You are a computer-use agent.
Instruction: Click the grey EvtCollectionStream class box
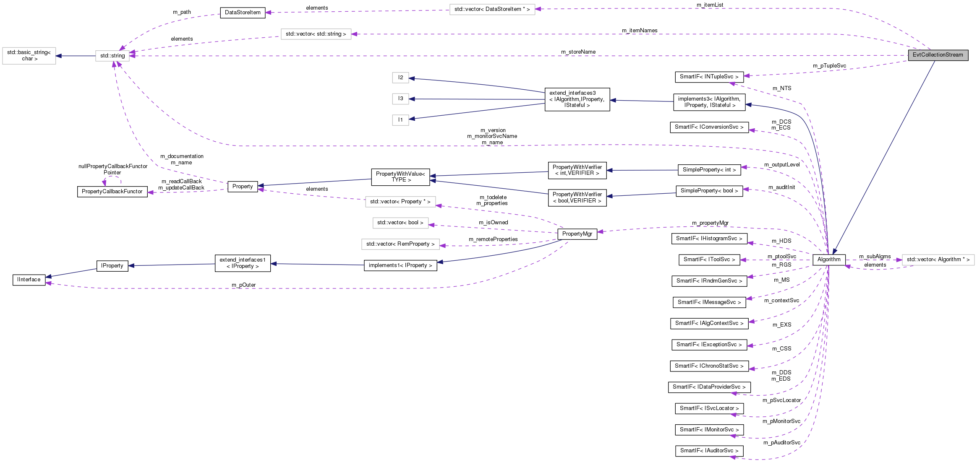938,55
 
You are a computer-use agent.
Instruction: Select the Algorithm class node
828,260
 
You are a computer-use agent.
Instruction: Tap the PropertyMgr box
577,234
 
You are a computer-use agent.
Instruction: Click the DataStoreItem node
243,13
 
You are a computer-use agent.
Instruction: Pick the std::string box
112,56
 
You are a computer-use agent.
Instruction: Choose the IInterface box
29,280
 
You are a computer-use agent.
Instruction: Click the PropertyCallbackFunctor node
112,192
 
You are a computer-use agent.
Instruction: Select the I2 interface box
400,78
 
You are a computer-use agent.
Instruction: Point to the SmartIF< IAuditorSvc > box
709,451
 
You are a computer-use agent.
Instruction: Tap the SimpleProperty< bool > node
709,191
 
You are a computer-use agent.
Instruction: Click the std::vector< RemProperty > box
400,244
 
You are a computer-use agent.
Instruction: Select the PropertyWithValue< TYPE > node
400,177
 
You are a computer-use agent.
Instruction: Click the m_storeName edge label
578,52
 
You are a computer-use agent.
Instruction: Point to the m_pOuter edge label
243,285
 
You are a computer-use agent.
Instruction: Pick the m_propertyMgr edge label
710,223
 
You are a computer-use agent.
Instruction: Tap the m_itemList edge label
710,5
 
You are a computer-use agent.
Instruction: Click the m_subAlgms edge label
875,257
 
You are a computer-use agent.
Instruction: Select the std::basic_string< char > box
29,56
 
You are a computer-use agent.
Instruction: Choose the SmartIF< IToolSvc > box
709,260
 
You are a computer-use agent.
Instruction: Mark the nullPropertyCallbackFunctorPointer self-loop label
112,169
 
